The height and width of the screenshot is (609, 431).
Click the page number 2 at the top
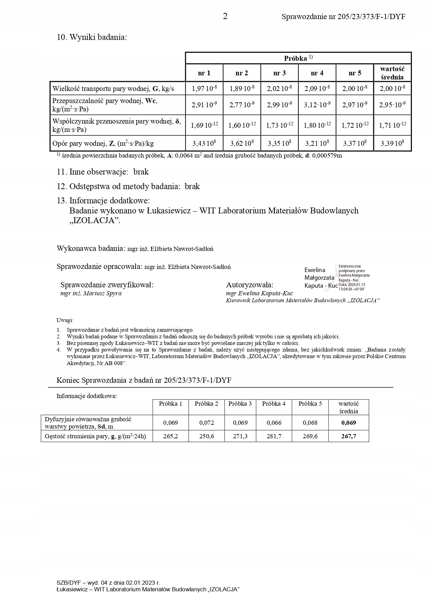225,16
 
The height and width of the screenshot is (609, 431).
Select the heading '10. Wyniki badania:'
92,37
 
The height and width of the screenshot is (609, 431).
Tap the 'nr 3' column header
279,73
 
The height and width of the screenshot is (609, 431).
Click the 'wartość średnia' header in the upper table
392,73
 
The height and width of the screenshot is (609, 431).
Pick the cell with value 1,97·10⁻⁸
204,88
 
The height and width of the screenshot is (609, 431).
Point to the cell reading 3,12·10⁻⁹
317,105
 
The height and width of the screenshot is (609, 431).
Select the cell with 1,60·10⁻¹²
242,125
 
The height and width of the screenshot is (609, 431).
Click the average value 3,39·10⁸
392,143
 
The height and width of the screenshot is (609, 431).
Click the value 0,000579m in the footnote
327,156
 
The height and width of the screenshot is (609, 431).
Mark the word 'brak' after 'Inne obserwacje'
141,172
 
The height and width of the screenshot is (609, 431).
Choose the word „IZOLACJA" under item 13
94,221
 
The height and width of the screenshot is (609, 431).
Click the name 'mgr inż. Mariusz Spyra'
91,294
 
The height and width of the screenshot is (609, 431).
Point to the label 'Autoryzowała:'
250,285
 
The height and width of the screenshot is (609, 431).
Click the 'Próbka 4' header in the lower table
274,404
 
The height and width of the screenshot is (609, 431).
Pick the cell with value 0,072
207,423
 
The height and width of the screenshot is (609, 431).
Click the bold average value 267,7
349,436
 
